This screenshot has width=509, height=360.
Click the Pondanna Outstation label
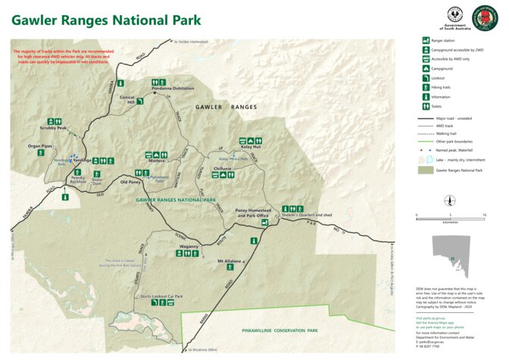pyautogui.click(x=173, y=88)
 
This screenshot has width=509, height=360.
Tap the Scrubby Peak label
pyautogui.click(x=53, y=128)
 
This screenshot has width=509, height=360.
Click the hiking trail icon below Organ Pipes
pyautogui.click(x=40, y=153)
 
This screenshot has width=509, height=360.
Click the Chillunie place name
pyautogui.click(x=223, y=167)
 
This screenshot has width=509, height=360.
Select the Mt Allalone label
pyautogui.click(x=229, y=261)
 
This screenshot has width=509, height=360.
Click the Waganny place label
pyautogui.click(x=189, y=246)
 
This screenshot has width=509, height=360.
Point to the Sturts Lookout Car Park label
pyautogui.click(x=164, y=296)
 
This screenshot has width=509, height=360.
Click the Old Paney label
pyautogui.click(x=131, y=182)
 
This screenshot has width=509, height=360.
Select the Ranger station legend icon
pyautogui.click(x=426, y=39)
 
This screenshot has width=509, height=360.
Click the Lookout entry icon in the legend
pyautogui.click(x=426, y=77)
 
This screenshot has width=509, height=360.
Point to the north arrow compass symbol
pyautogui.click(x=450, y=200)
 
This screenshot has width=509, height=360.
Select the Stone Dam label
pyautogui.click(x=96, y=181)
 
